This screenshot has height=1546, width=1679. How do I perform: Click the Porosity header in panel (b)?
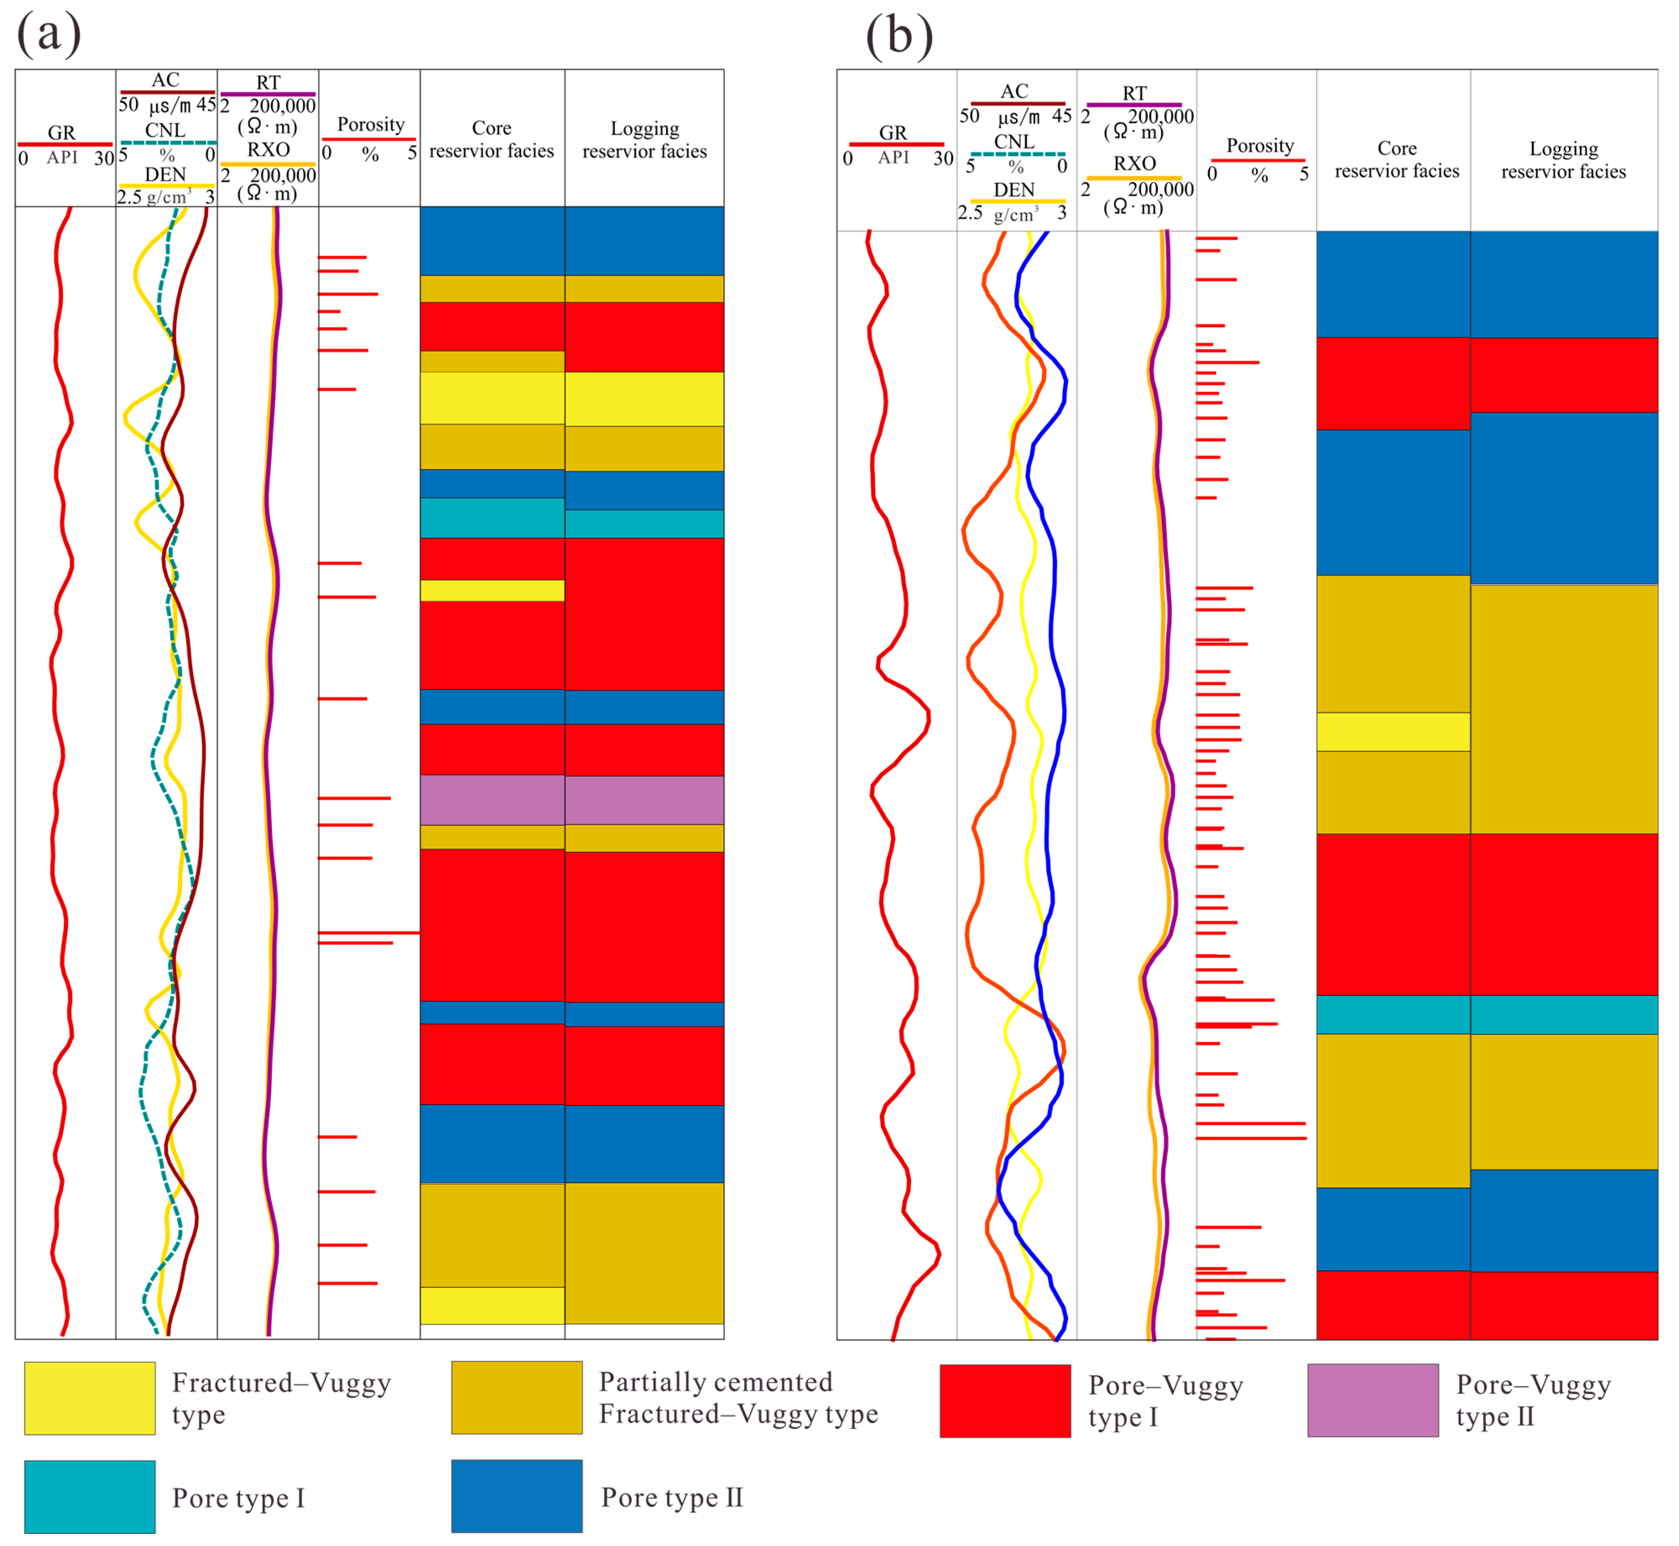[x=1259, y=146]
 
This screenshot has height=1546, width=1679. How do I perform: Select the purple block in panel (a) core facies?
[x=492, y=800]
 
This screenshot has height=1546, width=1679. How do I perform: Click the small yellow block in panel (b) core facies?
[x=1393, y=732]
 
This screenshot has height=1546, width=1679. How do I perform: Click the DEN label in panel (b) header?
[x=1013, y=190]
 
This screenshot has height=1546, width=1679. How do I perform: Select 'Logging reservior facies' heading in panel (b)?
[x=1563, y=160]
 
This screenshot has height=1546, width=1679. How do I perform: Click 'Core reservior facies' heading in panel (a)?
[x=492, y=139]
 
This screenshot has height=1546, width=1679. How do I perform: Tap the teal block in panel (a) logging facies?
[x=644, y=524]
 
